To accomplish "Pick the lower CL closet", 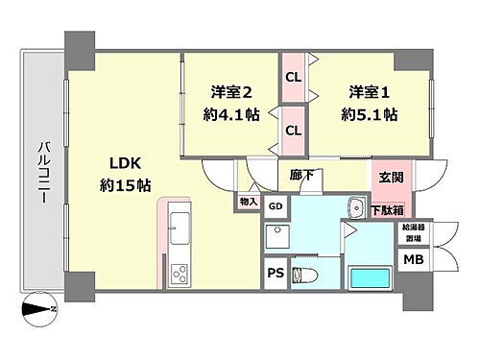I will click(x=294, y=129).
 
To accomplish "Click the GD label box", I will click(x=276, y=207).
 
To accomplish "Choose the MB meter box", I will click(x=413, y=260).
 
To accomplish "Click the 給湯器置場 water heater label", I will click(x=413, y=232).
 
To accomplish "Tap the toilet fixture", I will click(x=304, y=276).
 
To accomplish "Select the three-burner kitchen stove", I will click(x=180, y=276).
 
